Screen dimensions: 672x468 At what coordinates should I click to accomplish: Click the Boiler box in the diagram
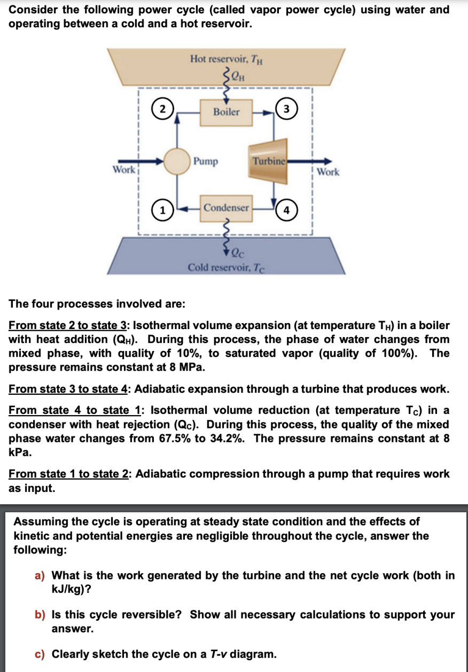tap(226, 112)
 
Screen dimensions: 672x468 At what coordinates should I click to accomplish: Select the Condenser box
tap(226, 208)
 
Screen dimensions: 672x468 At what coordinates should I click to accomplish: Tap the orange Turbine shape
tap(269, 159)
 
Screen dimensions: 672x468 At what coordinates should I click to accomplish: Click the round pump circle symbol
tap(177, 161)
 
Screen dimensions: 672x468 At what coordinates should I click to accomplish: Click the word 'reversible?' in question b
tap(152, 614)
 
